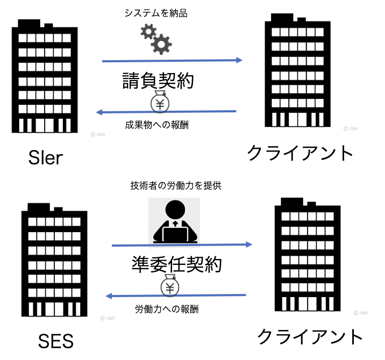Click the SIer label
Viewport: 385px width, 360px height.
(46, 157)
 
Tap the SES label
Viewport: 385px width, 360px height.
(56, 341)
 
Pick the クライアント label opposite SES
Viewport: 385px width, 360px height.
(310, 337)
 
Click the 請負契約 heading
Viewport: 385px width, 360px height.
(156, 82)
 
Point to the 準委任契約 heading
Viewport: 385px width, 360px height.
(176, 264)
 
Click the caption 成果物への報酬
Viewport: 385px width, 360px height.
(156, 126)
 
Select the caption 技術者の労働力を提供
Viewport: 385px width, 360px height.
(176, 186)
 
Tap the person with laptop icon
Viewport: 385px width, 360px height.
(174, 220)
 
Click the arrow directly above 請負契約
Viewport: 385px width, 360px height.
(172, 61)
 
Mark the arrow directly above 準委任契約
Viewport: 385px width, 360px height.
(182, 245)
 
